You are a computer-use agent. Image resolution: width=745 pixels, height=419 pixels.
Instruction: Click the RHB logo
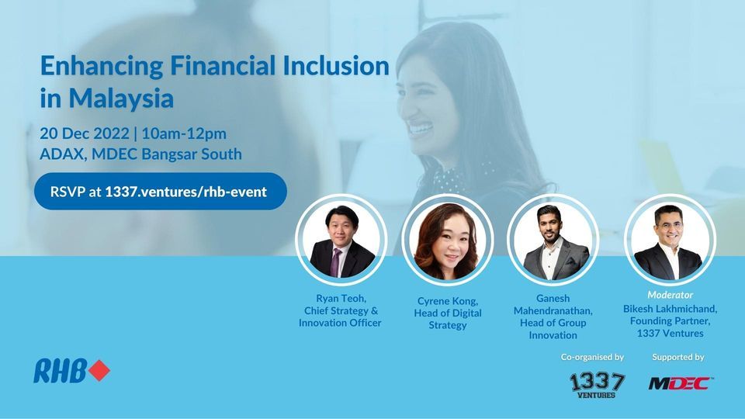pos(71,372)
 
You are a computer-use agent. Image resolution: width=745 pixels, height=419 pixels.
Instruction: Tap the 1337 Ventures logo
pos(597,385)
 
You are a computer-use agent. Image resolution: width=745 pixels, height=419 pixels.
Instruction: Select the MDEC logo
pos(681,383)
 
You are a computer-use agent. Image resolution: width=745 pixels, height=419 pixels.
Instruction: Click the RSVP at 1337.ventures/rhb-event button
pos(160,192)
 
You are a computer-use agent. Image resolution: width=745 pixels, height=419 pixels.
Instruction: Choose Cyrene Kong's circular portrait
pos(447,241)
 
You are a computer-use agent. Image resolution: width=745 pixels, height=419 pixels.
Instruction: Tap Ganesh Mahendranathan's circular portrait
pos(552,241)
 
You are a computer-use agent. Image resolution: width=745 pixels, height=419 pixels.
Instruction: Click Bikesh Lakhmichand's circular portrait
pos(670,241)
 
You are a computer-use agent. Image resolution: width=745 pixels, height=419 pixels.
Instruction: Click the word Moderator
pos(670,296)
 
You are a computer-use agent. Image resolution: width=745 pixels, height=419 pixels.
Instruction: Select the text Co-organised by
pos(592,358)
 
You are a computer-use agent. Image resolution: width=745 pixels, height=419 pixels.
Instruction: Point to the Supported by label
pos(677,358)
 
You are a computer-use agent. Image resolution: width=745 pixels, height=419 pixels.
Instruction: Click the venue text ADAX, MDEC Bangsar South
pos(140,154)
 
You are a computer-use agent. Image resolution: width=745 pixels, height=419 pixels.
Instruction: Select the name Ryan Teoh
pos(340,298)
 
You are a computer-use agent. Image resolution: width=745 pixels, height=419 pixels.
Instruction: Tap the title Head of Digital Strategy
pos(448,319)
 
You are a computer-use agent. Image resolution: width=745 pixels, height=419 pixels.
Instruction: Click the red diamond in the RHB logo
pos(99,372)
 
